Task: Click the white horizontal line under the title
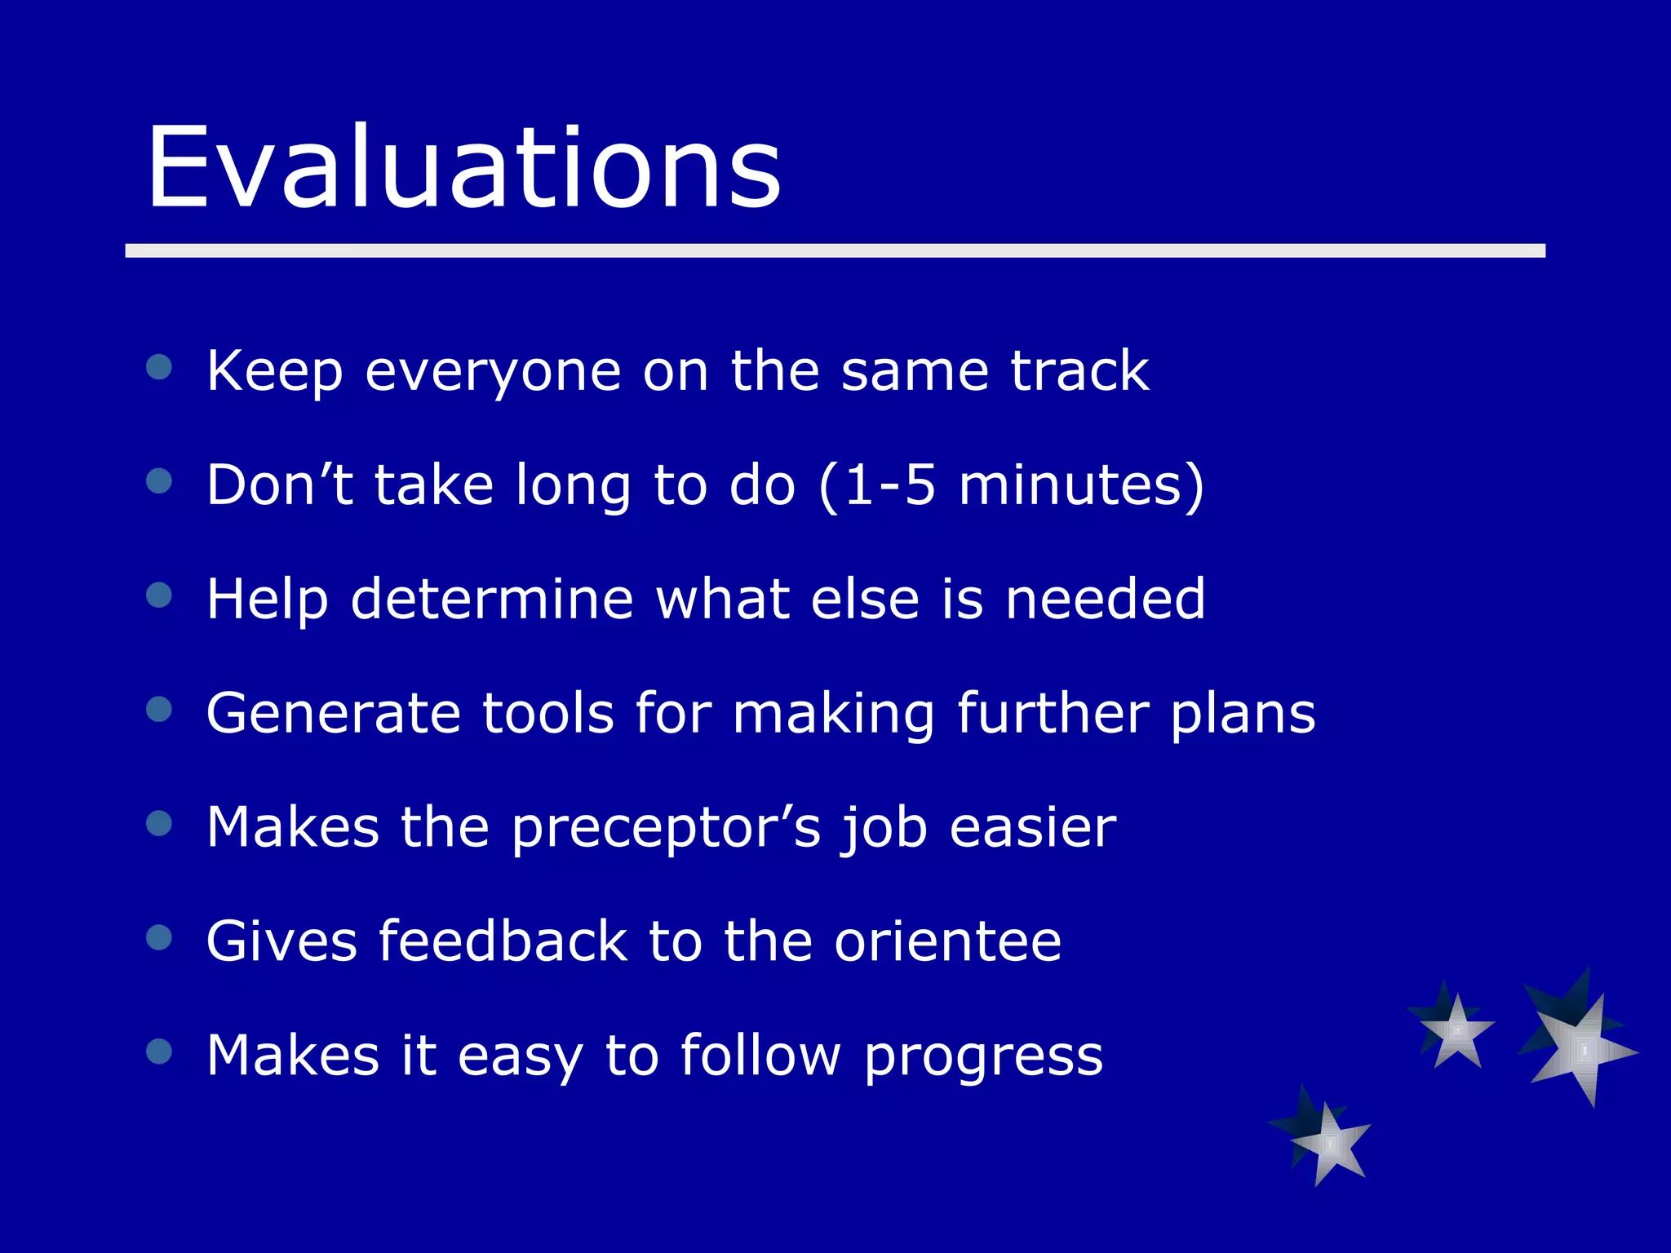click(x=835, y=250)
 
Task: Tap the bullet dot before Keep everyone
click(x=159, y=367)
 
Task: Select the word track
click(x=1079, y=371)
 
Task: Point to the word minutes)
click(x=1081, y=485)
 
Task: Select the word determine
click(x=492, y=599)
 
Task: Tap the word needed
click(x=1105, y=599)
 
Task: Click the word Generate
click(x=333, y=713)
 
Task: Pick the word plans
click(x=1243, y=715)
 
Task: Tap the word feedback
click(x=503, y=941)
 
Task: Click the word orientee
click(x=947, y=941)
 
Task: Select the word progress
click(x=982, y=1057)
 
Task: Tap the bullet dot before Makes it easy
click(x=159, y=1052)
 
